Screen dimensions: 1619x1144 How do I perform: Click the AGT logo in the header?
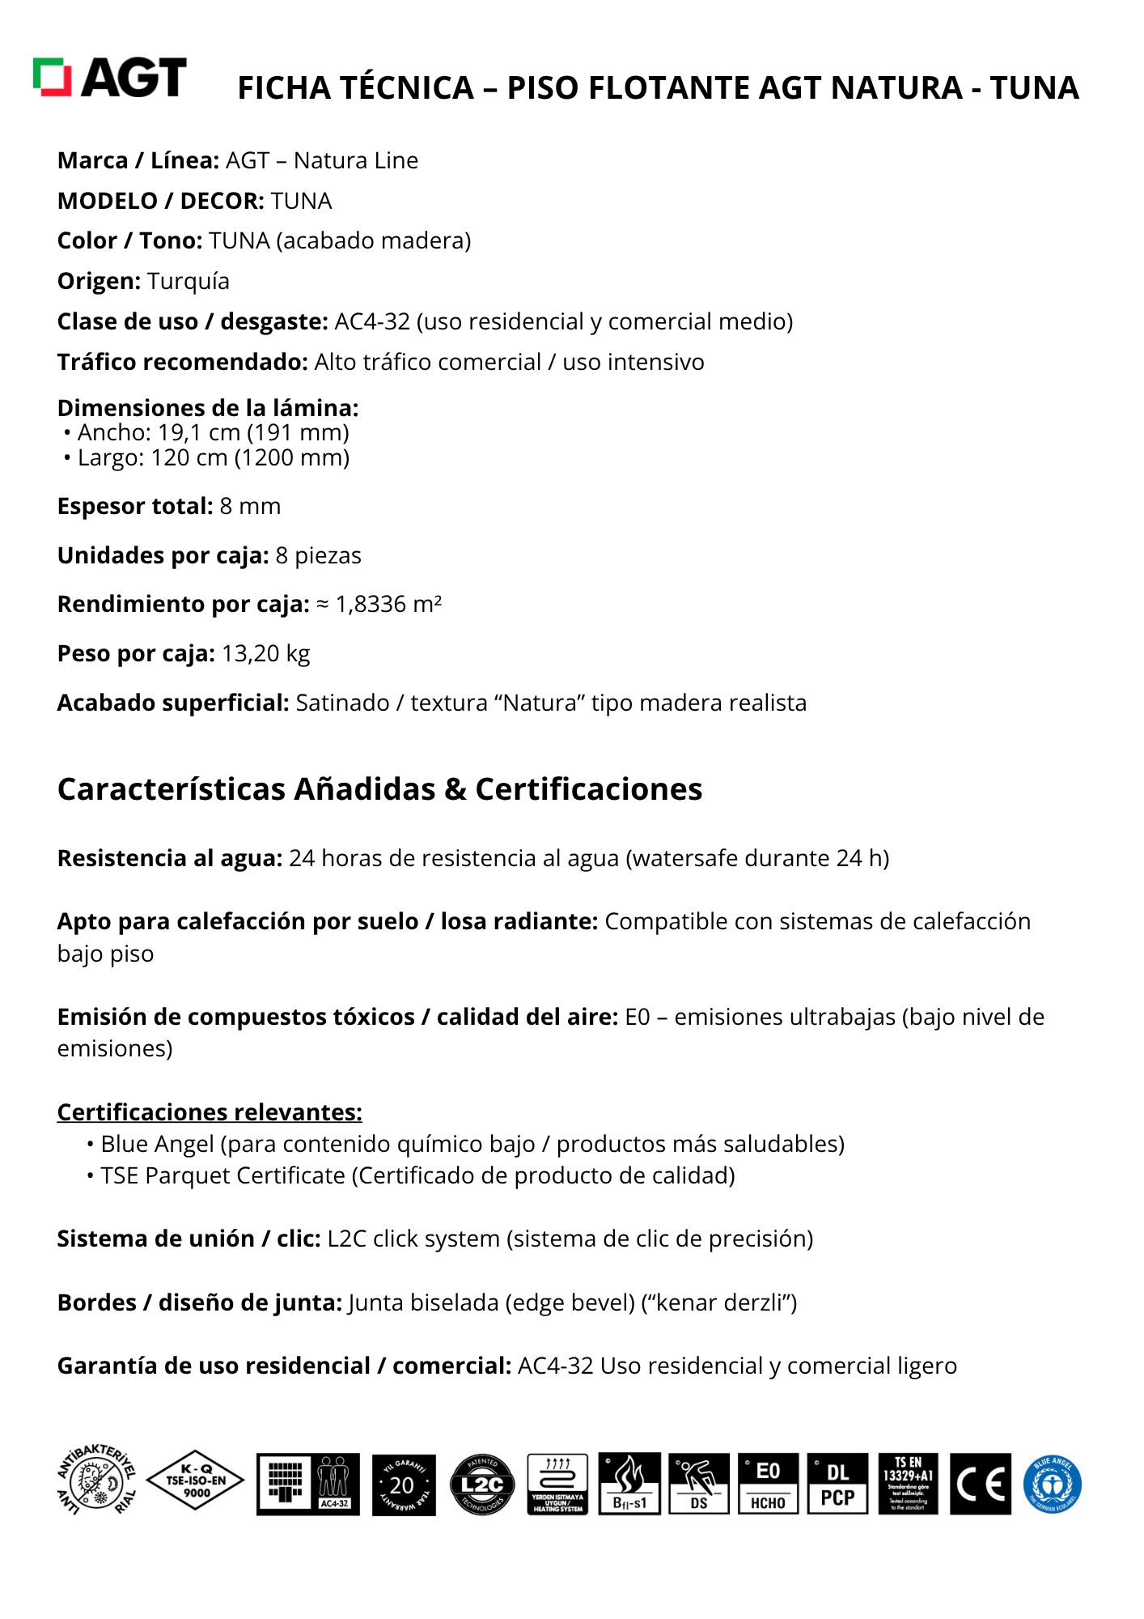(x=110, y=78)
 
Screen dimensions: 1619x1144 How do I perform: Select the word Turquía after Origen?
(x=189, y=282)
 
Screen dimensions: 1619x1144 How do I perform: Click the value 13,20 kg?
(x=265, y=654)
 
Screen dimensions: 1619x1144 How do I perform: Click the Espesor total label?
(x=135, y=507)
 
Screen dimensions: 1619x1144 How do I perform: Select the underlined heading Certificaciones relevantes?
(x=210, y=1112)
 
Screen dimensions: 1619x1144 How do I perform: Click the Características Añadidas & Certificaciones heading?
(x=379, y=789)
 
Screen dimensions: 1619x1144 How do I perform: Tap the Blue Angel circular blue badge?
(x=1052, y=1485)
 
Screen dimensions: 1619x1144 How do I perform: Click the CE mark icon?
(x=981, y=1485)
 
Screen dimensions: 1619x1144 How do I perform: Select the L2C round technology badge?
(x=482, y=1485)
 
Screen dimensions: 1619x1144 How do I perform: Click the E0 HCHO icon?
(x=768, y=1484)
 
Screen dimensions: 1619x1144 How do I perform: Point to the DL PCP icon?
(x=837, y=1484)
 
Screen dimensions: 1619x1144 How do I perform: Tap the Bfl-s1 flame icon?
(x=629, y=1484)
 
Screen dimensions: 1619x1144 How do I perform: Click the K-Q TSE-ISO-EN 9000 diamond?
(x=197, y=1481)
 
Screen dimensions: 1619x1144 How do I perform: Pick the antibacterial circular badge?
(x=96, y=1481)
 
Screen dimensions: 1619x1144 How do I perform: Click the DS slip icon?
(x=699, y=1484)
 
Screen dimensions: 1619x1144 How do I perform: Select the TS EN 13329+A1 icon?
(x=908, y=1484)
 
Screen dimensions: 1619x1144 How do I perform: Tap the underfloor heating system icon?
(x=557, y=1484)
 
